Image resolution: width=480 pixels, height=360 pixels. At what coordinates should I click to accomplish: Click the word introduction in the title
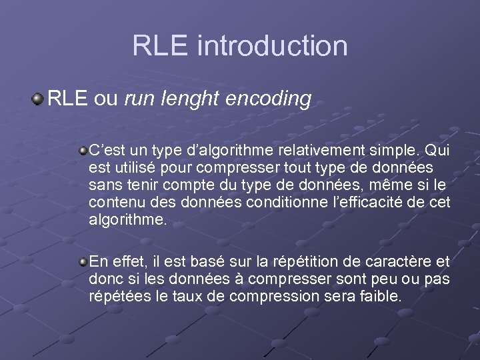273,46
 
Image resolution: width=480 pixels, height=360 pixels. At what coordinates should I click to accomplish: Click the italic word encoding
269,99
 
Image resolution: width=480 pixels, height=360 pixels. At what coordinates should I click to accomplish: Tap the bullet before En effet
83,259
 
